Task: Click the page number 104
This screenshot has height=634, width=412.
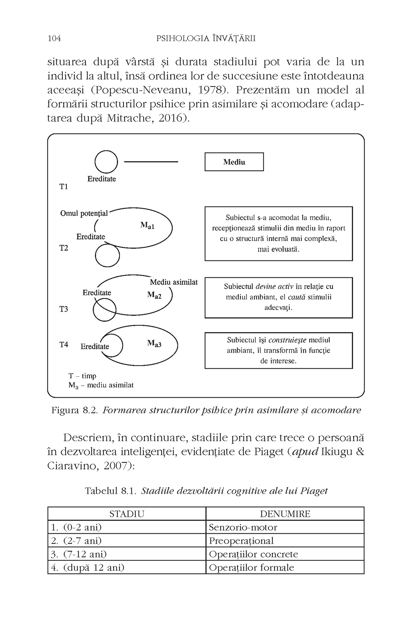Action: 54,39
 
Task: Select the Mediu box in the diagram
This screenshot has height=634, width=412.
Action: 234,162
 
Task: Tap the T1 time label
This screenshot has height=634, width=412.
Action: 64,187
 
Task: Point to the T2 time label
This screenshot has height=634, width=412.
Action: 64,248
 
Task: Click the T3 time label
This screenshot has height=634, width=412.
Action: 64,309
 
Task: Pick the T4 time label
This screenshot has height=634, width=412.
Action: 64,345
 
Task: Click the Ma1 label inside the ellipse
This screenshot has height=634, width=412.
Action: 147,226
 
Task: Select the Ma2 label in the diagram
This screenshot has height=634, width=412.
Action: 154,295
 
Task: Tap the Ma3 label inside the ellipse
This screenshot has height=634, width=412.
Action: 154,344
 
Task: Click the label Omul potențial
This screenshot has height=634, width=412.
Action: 84,213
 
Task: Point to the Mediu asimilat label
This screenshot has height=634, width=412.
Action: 174,282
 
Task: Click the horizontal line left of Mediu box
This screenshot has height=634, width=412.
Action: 151,162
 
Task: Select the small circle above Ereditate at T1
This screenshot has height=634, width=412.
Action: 106,161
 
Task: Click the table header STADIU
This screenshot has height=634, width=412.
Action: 127,514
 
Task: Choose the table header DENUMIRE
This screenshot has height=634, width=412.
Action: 285,514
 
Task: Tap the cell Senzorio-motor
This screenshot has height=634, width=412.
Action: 243,527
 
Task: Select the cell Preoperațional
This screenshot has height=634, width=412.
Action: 241,541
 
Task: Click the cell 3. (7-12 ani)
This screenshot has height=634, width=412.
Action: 79,554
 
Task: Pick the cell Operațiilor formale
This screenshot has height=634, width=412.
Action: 251,568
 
